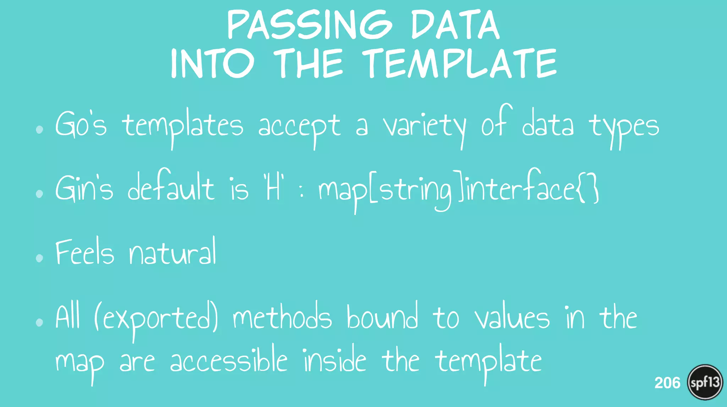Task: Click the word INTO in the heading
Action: click(212, 64)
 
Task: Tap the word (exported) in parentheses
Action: click(156, 319)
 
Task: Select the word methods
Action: click(282, 317)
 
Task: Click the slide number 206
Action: click(667, 383)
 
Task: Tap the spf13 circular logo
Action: click(705, 382)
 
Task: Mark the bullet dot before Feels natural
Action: click(39, 258)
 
